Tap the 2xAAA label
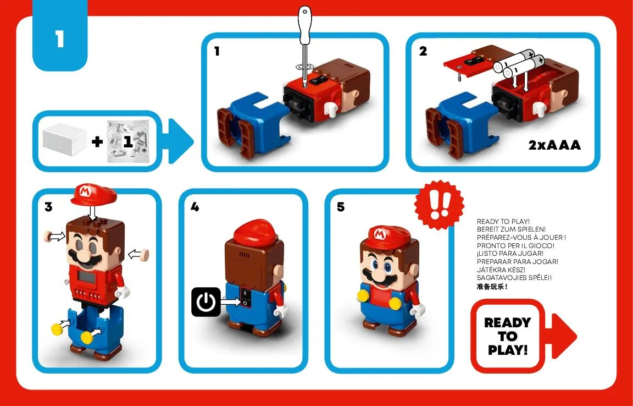[554, 145]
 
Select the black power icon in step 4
[206, 301]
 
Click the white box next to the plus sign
[64, 140]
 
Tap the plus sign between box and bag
[97, 141]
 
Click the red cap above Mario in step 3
[93, 194]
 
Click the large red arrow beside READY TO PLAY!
[564, 336]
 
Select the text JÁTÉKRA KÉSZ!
[501, 270]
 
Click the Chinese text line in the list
[492, 287]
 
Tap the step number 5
[341, 207]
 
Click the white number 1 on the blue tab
[60, 40]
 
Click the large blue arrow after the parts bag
[180, 141]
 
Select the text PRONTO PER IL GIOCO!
[515, 245]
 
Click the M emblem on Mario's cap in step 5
[379, 234]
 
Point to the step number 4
[195, 207]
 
